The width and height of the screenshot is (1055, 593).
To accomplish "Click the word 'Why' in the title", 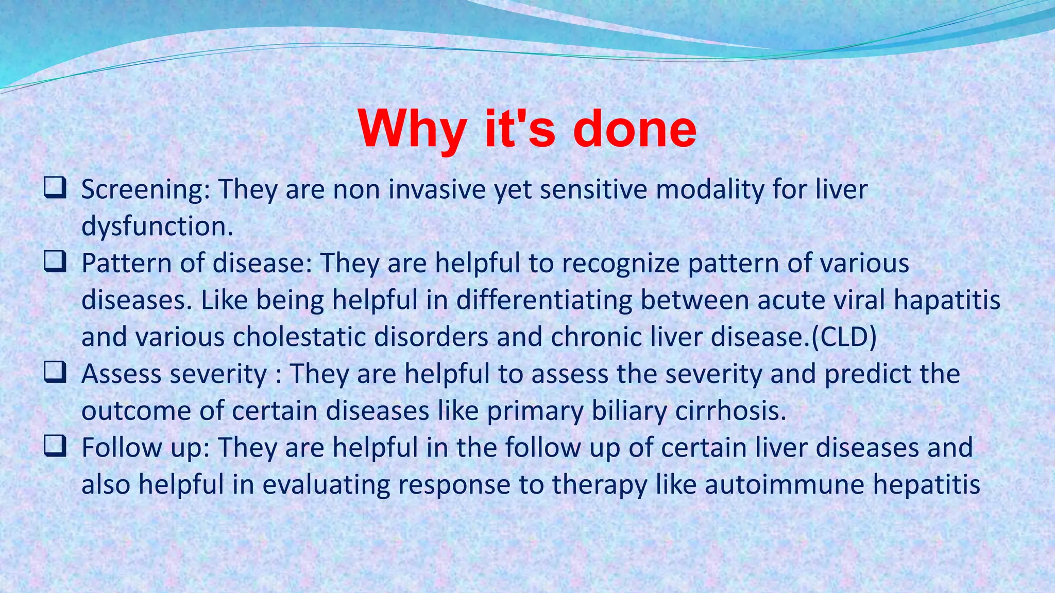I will click(412, 130).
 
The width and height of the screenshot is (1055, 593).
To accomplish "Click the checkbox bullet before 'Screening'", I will click(55, 188).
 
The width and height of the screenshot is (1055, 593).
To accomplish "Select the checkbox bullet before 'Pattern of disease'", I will click(55, 262).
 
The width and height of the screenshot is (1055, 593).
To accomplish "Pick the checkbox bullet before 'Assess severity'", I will click(55, 373).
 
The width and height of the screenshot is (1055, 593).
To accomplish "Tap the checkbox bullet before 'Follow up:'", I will click(55, 446).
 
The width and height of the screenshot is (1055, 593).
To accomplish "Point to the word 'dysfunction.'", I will click(157, 227).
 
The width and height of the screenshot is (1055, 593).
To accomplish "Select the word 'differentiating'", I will click(543, 300).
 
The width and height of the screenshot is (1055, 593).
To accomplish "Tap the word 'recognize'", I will click(620, 264).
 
